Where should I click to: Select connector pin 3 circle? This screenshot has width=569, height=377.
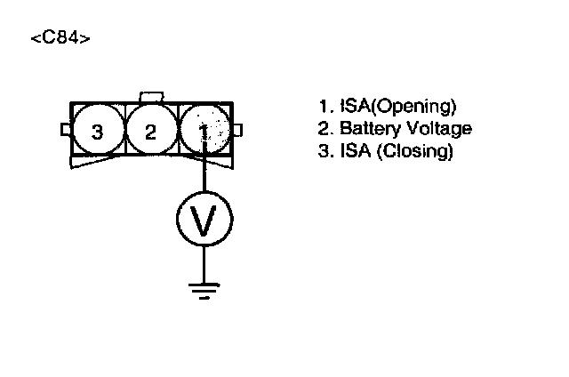[97, 132]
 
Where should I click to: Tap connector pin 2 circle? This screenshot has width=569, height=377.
[151, 132]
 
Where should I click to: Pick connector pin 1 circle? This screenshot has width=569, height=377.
[204, 132]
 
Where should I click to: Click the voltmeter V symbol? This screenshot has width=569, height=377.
[204, 220]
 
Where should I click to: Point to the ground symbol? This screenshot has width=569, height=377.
[204, 288]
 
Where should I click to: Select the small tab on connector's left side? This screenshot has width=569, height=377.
[64, 131]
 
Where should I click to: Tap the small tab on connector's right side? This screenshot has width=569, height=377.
[239, 131]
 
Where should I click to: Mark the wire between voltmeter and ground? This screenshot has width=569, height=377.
[204, 262]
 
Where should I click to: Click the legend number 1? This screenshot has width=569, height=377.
[324, 108]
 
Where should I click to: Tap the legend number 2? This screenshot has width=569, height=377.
[324, 128]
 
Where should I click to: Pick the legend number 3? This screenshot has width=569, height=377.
[324, 150]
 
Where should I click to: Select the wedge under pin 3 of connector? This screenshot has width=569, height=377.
[98, 163]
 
